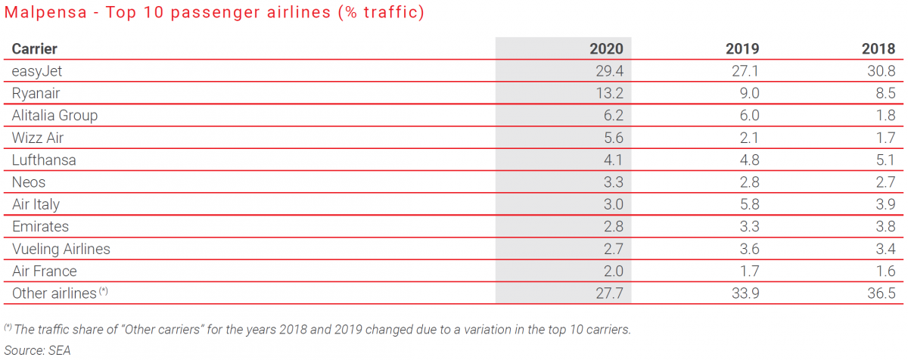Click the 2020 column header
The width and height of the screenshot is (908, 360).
click(x=606, y=48)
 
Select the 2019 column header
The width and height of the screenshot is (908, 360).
click(x=742, y=48)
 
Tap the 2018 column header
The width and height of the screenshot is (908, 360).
click(x=878, y=48)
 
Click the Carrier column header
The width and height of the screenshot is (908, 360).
click(x=35, y=48)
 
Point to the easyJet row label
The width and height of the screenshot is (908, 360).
click(x=36, y=70)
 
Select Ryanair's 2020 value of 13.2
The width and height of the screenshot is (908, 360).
click(x=609, y=93)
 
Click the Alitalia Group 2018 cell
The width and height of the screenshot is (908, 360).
click(x=884, y=116)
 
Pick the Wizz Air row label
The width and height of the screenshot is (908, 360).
click(x=38, y=138)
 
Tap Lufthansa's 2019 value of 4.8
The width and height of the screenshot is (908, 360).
click(x=748, y=160)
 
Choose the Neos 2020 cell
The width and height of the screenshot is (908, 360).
click(x=612, y=182)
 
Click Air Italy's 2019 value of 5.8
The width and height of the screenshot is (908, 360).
click(x=748, y=204)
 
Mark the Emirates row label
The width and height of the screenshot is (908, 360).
click(x=40, y=226)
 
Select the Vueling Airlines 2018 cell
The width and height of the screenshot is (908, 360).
click(x=884, y=249)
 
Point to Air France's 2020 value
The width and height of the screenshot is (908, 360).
click(x=612, y=271)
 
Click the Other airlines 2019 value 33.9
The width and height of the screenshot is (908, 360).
click(x=745, y=293)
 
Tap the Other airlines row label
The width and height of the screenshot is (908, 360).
click(x=54, y=293)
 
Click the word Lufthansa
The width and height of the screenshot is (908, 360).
click(x=44, y=160)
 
